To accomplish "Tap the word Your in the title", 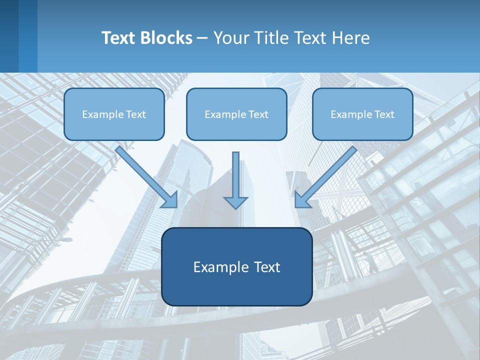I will coord(231,38).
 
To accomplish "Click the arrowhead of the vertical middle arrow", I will coord(236,202).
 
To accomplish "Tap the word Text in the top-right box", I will coord(384,114).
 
